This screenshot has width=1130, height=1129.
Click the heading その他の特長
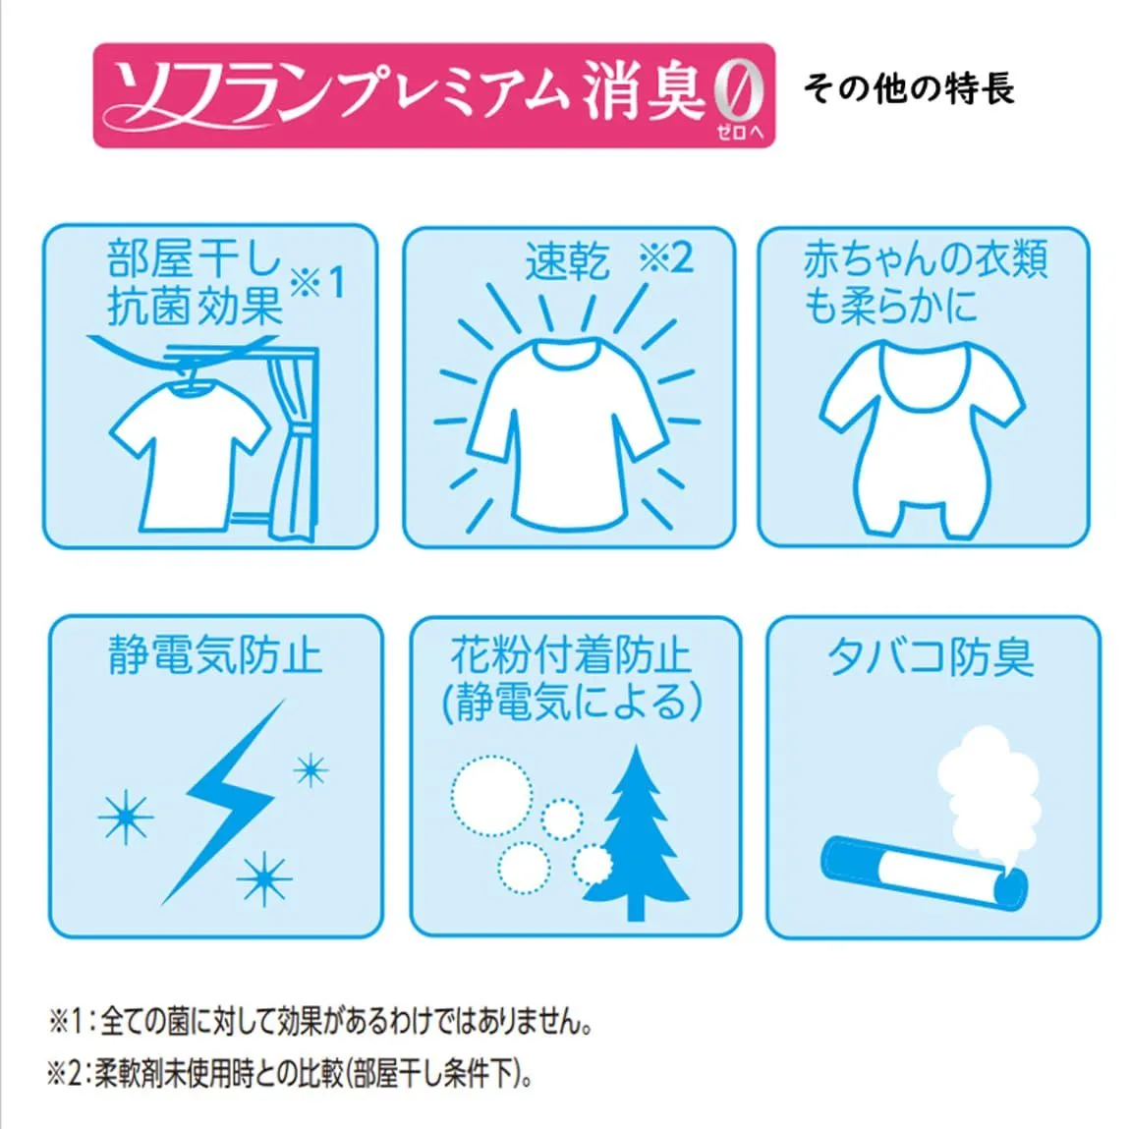click(x=909, y=89)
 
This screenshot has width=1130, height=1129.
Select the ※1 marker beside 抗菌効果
click(x=317, y=282)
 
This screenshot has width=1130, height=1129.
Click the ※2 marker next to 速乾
click(x=665, y=257)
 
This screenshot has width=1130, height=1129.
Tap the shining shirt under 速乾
click(x=567, y=433)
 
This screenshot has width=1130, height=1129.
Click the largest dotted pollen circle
click(x=492, y=796)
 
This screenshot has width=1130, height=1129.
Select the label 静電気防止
click(x=215, y=655)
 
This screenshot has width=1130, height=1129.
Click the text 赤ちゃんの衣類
click(x=925, y=260)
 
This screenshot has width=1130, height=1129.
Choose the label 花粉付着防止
click(x=572, y=655)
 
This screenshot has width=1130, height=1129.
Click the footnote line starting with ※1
click(x=321, y=1021)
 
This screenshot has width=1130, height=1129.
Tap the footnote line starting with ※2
click(x=291, y=1075)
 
